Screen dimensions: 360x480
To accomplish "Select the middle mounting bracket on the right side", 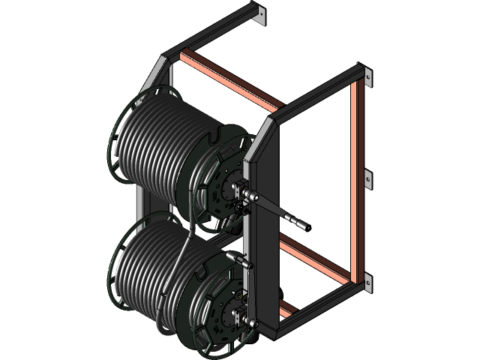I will pyautogui.click(x=367, y=178).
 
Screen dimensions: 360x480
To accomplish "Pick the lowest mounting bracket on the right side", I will pyautogui.click(x=367, y=282).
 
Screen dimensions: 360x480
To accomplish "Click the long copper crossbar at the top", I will pyautogui.click(x=229, y=79).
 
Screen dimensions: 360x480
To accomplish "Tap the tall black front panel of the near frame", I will pyautogui.click(x=266, y=225).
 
